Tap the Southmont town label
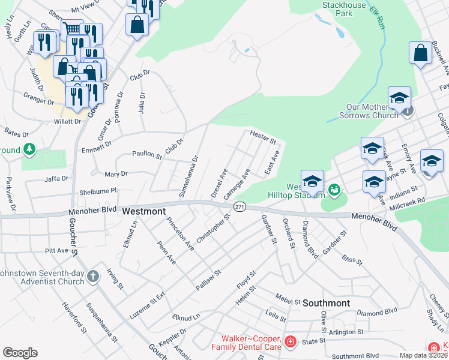click(x=326, y=303)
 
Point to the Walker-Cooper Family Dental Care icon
click(x=290, y=342)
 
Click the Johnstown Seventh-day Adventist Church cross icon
click(x=92, y=276)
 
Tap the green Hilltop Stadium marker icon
click(x=335, y=190)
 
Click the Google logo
click(x=20, y=353)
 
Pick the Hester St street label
click(x=262, y=138)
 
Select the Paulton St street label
click(x=147, y=155)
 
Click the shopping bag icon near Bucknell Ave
click(x=420, y=52)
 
